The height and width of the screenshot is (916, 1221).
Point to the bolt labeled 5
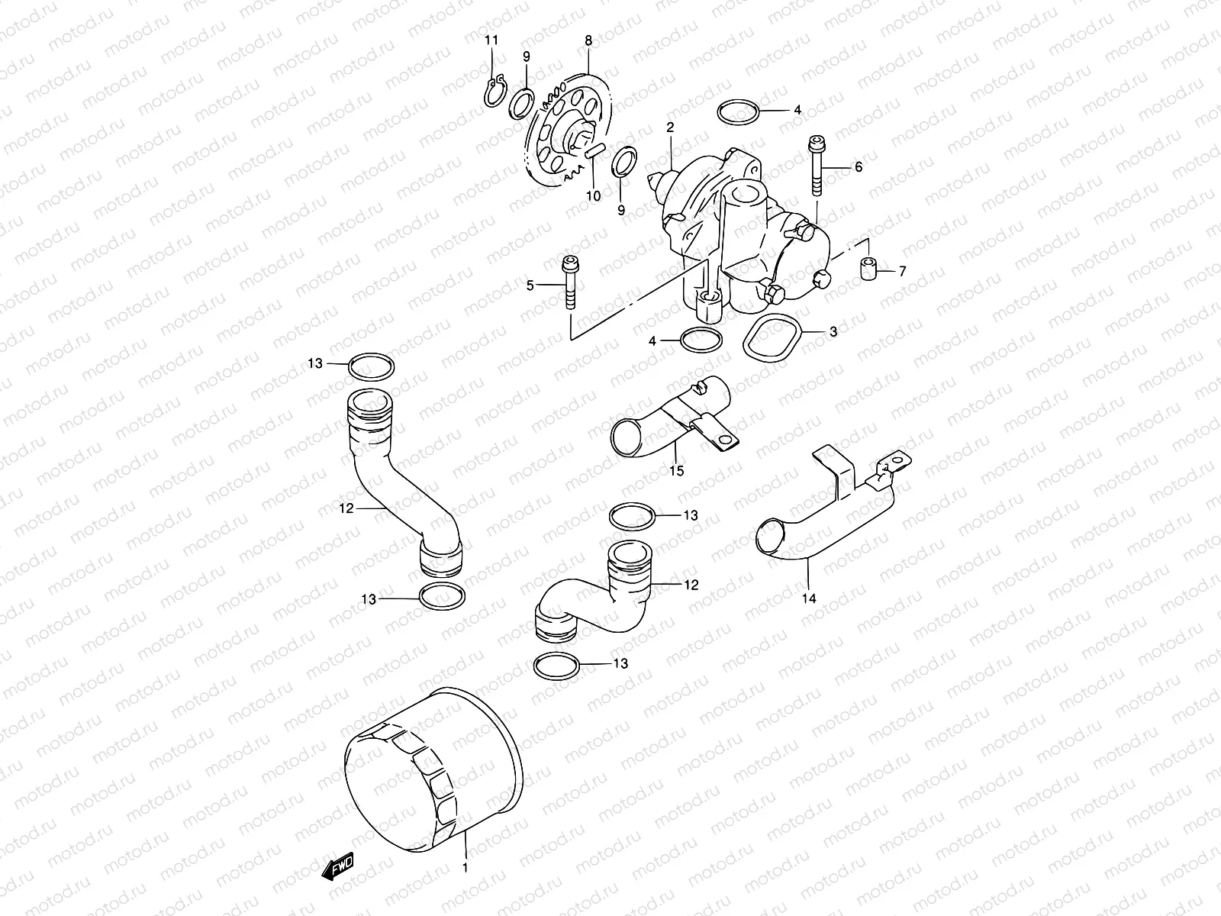570,283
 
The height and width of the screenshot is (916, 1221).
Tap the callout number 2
670,127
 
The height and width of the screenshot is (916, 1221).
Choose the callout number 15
677,471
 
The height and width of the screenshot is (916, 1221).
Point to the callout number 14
809,598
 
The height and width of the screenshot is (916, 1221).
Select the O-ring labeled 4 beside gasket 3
697,340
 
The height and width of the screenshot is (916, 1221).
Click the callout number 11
491,39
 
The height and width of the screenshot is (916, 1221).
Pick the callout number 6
859,166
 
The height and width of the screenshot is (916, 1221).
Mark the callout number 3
834,331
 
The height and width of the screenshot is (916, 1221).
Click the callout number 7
902,270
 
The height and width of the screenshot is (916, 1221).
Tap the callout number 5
530,285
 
